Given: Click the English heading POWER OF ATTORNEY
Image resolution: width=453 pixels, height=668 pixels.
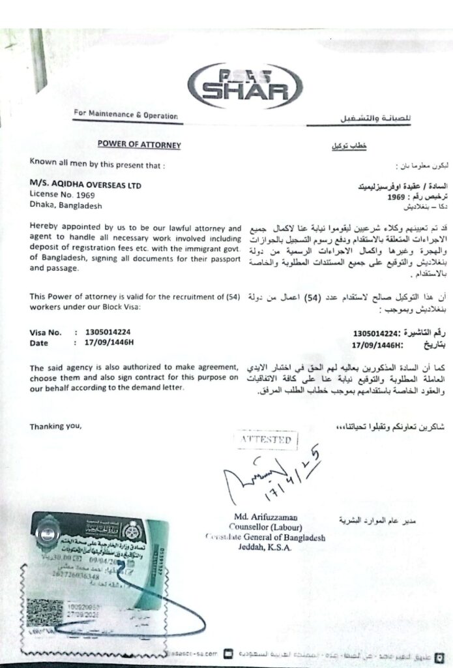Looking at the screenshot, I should tap(139, 145).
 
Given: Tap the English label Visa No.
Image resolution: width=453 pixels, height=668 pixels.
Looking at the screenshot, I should tap(45, 332).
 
